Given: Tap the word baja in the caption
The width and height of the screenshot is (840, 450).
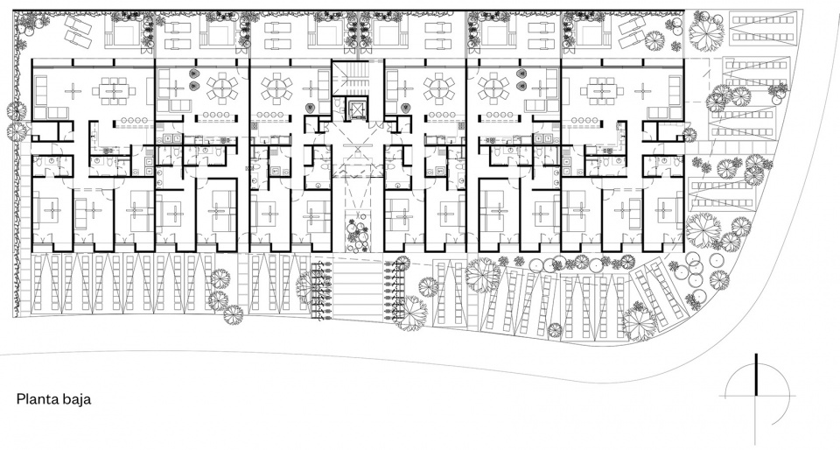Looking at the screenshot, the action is (79, 399).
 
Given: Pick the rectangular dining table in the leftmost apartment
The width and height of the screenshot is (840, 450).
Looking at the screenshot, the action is (113, 91).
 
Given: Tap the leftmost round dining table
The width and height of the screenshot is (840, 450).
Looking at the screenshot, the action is (221, 89).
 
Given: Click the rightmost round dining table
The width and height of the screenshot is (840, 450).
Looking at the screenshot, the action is (493, 89).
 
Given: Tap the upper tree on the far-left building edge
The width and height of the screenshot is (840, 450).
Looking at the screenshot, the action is (17, 112).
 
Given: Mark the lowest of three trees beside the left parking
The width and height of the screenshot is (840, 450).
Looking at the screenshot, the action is (234, 315).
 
